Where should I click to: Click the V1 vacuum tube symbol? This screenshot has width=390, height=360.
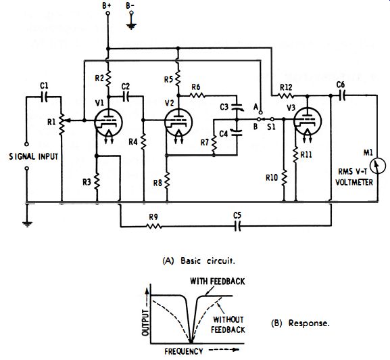pyautogui.click(x=108, y=122)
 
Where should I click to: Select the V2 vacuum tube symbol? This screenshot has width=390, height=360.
pyautogui.click(x=178, y=122)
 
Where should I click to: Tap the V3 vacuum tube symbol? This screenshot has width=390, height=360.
pyautogui.click(x=308, y=121)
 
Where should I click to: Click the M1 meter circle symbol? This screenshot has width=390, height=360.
pyautogui.click(x=378, y=166)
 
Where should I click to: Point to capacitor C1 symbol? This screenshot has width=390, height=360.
pyautogui.click(x=45, y=97)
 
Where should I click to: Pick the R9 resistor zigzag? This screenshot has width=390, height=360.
pyautogui.click(x=153, y=226)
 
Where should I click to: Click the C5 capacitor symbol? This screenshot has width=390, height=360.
pyautogui.click(x=238, y=226)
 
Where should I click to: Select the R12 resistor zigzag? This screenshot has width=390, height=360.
pyautogui.click(x=285, y=95)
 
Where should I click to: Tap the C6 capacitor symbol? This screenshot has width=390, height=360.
pyautogui.click(x=343, y=95)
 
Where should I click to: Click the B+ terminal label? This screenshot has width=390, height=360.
pyautogui.click(x=107, y=5)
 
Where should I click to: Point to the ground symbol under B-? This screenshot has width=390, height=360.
pyautogui.click(x=131, y=26)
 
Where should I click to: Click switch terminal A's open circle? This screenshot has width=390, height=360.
pyautogui.click(x=260, y=112)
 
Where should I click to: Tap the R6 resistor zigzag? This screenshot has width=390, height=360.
pyautogui.click(x=197, y=95)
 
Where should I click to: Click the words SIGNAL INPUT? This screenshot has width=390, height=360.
pyautogui.click(x=34, y=156)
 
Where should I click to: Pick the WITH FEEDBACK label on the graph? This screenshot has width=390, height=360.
pyautogui.click(x=218, y=282)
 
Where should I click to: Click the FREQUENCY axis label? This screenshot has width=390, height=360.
pyautogui.click(x=184, y=351)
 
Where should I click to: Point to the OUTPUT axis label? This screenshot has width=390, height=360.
pyautogui.click(x=145, y=322)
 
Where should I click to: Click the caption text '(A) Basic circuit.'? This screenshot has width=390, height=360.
pyautogui.click(x=199, y=261)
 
